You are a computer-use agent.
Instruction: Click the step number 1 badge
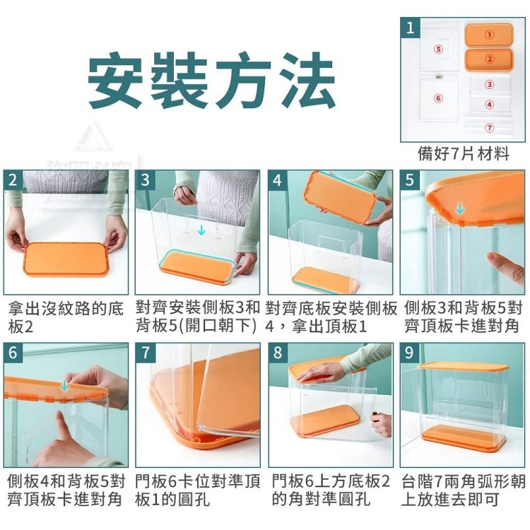pyautogui.click(x=411, y=28)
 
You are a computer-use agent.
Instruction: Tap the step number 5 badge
pyautogui.click(x=409, y=179)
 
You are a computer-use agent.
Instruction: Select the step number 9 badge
pyautogui.click(x=409, y=353)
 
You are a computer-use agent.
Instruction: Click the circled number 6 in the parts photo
pyautogui.click(x=438, y=98)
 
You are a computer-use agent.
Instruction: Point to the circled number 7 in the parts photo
pyautogui.click(x=489, y=128)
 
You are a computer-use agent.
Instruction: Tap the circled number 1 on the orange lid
pyautogui.click(x=489, y=35)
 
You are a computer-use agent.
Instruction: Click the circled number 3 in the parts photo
pyautogui.click(x=489, y=84)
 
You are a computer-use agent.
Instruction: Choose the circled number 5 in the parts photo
pyautogui.click(x=438, y=49)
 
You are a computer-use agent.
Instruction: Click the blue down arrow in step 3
pyautogui.click(x=201, y=230)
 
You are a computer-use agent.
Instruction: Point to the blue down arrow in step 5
pyautogui.click(x=460, y=209)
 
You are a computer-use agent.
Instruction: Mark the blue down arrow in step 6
pyautogui.click(x=64, y=385)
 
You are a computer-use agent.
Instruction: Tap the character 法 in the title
pyautogui.click(x=307, y=80)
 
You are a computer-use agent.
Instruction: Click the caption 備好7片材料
pyautogui.click(x=464, y=154)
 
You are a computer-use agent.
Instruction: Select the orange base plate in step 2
pyautogui.click(x=66, y=259)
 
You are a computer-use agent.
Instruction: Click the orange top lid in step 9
pyautogui.click(x=463, y=367)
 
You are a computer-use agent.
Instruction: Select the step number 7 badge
pyautogui.click(x=146, y=353)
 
